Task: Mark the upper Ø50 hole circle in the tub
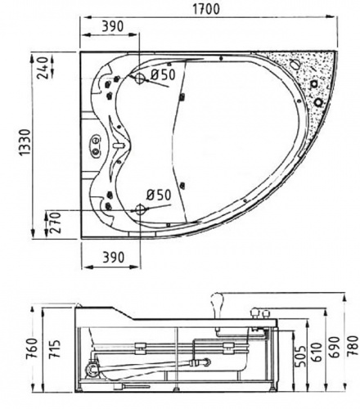point(140,79)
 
